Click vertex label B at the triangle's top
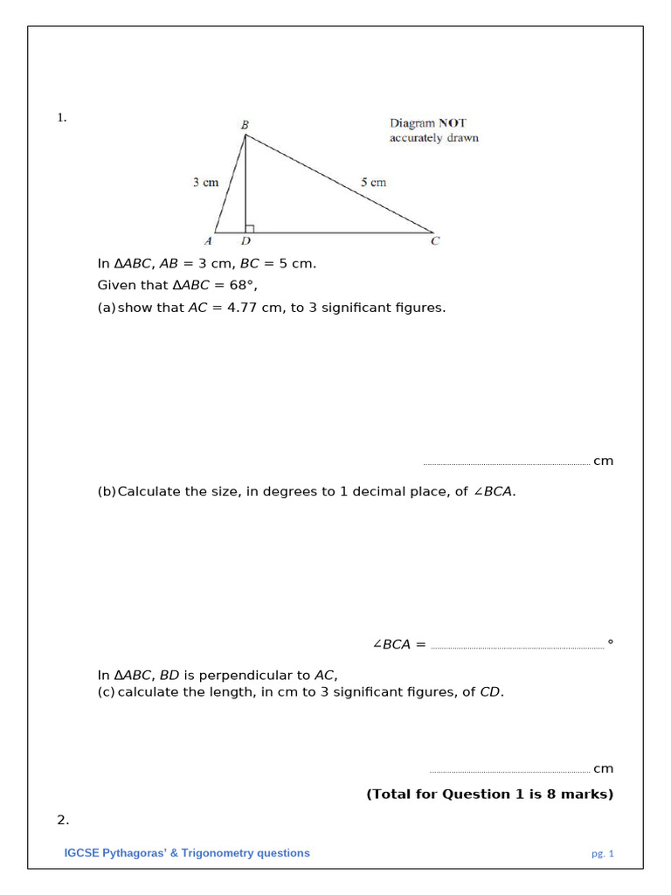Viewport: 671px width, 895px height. [245, 125]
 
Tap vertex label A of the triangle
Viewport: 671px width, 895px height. [208, 241]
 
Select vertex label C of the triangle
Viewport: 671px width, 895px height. [434, 241]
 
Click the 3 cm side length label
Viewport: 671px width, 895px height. [205, 183]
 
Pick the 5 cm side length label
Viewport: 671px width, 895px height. [373, 183]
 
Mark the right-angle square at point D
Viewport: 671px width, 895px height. [250, 229]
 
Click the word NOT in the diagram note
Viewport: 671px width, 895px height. [452, 124]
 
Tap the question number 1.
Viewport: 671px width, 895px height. [61, 118]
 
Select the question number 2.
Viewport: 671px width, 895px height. [62, 820]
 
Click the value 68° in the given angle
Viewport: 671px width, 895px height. [242, 285]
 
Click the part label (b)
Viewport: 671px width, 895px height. [106, 491]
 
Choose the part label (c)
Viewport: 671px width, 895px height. [106, 692]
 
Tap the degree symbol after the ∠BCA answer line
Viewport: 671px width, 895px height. [610, 643]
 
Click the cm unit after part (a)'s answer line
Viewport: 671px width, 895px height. [603, 461]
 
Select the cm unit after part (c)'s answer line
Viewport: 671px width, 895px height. [603, 768]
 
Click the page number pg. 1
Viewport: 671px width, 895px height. [603, 854]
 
